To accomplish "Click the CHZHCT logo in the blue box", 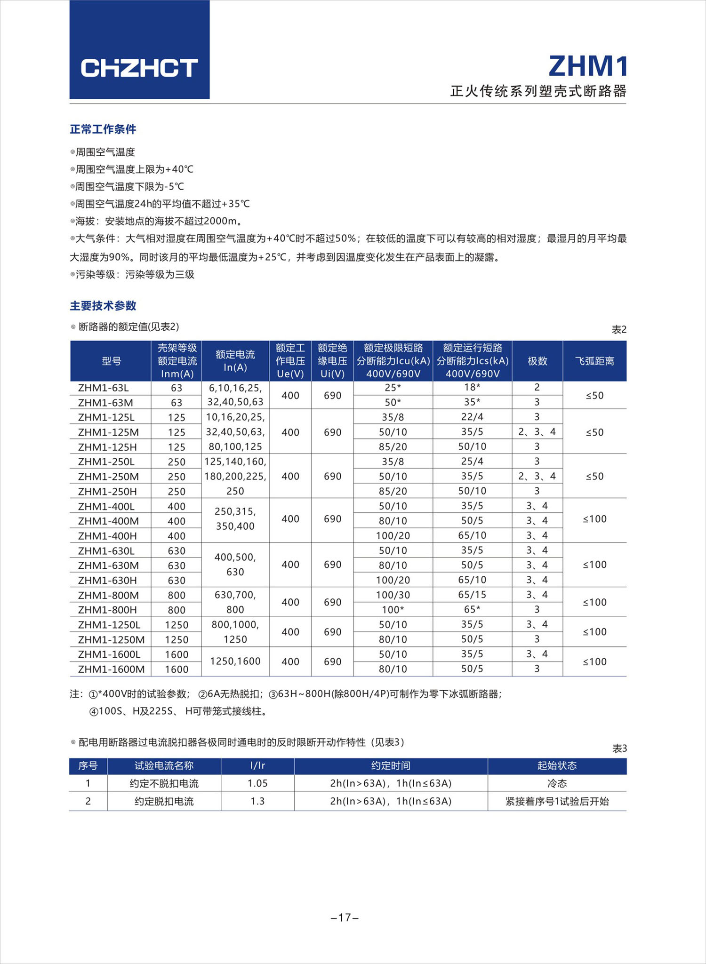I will point(139,68).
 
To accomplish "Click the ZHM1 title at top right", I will point(587,66).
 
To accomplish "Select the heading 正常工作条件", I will point(103,129).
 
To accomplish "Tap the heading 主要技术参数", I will point(103,306).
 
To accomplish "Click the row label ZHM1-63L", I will point(104,388).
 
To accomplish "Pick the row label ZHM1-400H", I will point(107,536).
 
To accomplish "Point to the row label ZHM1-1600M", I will point(111,669).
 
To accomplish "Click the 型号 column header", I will point(111,361).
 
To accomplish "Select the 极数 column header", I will point(537,361).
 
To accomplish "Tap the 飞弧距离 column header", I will point(594,361).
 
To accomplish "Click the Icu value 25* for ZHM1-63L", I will point(393,388).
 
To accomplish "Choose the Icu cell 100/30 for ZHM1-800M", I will point(393,595).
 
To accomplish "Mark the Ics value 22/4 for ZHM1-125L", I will point(472,417).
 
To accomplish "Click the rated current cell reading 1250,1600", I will point(235,661).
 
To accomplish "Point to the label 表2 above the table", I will point(619,330).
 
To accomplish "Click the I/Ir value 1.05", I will point(257,783).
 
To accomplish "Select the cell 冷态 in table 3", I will point(557,783).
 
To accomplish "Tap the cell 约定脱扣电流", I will point(164,801).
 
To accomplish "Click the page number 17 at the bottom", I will point(345,917).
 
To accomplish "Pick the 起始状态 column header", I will point(557,765).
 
